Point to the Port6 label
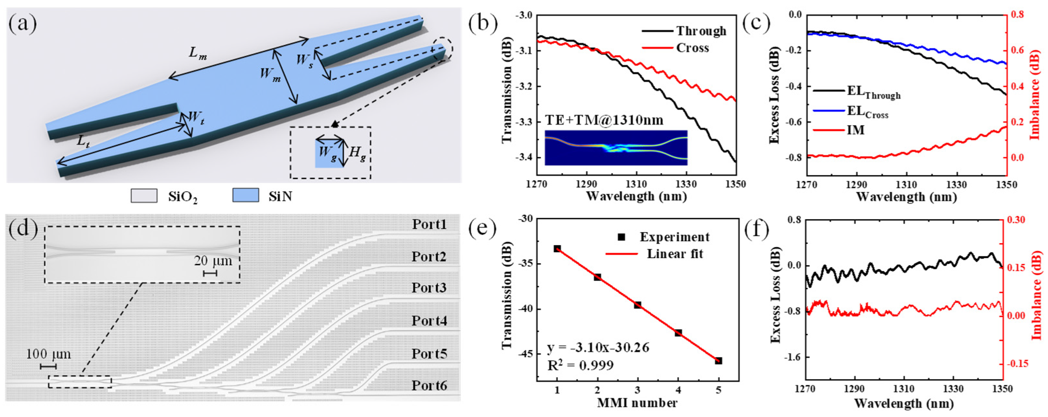click(429, 385)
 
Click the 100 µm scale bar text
click(49, 354)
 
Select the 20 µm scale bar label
click(213, 261)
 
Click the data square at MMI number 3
click(637, 305)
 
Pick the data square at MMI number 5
click(718, 361)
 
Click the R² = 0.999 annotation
click(580, 365)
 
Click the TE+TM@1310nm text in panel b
click(604, 120)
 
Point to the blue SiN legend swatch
click(245, 195)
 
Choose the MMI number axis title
click(637, 403)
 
